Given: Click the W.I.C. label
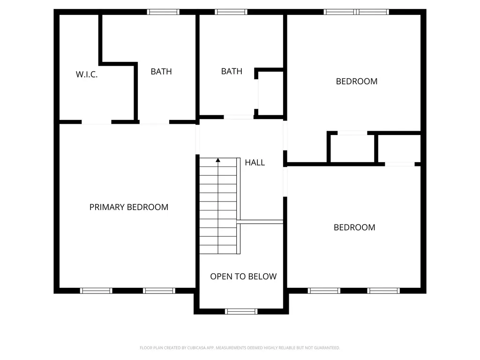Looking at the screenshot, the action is (87, 75).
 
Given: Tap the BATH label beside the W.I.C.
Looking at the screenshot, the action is (161, 72).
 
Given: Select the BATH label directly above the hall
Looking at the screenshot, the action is (232, 71).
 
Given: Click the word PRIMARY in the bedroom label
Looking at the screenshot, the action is (107, 207).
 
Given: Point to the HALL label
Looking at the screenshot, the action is (255, 163).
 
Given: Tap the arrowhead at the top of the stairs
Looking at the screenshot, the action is (218, 160).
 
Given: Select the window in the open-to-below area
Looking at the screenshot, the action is (241, 311).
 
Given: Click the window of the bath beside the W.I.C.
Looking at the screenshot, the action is (163, 12).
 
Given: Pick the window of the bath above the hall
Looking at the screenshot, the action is (231, 12).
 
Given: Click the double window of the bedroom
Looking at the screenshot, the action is (356, 12).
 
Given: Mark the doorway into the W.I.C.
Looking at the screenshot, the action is (97, 122).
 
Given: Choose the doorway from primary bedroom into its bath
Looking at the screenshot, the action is (154, 122).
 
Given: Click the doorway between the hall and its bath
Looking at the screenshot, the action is (239, 117).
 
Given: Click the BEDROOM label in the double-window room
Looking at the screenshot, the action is (357, 82).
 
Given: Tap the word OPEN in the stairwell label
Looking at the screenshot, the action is (218, 277).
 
